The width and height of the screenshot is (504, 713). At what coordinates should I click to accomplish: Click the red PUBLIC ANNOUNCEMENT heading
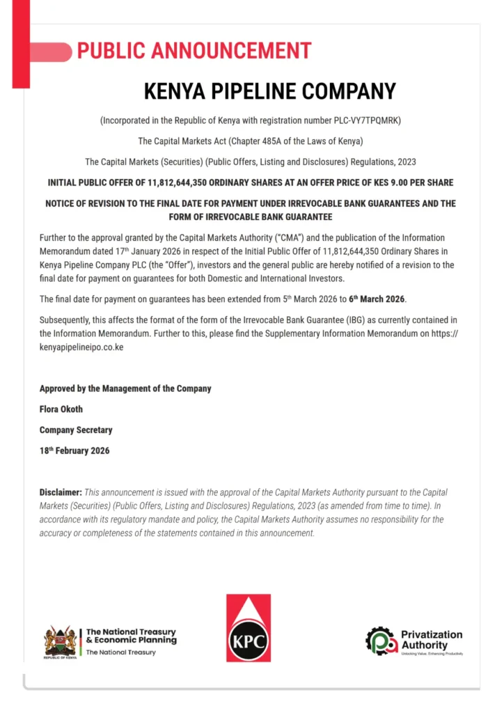[x=194, y=51]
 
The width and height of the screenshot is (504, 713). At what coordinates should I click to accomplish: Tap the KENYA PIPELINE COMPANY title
[x=269, y=91]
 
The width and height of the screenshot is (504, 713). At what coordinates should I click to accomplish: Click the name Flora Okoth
[x=61, y=409]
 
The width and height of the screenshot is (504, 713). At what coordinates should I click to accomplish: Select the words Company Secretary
[x=76, y=430]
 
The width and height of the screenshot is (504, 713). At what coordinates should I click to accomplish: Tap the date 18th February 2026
[x=74, y=450]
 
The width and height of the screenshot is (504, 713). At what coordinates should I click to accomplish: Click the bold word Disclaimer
[x=61, y=492]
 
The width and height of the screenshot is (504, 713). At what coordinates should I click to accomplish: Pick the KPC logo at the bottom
[x=249, y=629]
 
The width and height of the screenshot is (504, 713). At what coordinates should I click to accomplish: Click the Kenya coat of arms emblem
[x=61, y=641]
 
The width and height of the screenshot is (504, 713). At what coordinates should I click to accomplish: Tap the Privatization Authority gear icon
[x=380, y=641]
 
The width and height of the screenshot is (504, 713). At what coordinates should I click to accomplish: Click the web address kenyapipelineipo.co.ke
[x=81, y=347]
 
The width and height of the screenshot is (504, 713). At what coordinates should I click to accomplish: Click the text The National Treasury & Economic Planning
[x=131, y=636]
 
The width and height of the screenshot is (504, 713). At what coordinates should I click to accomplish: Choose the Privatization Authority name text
[x=432, y=639]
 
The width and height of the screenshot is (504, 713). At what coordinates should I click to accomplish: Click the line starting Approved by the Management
[x=125, y=389]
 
